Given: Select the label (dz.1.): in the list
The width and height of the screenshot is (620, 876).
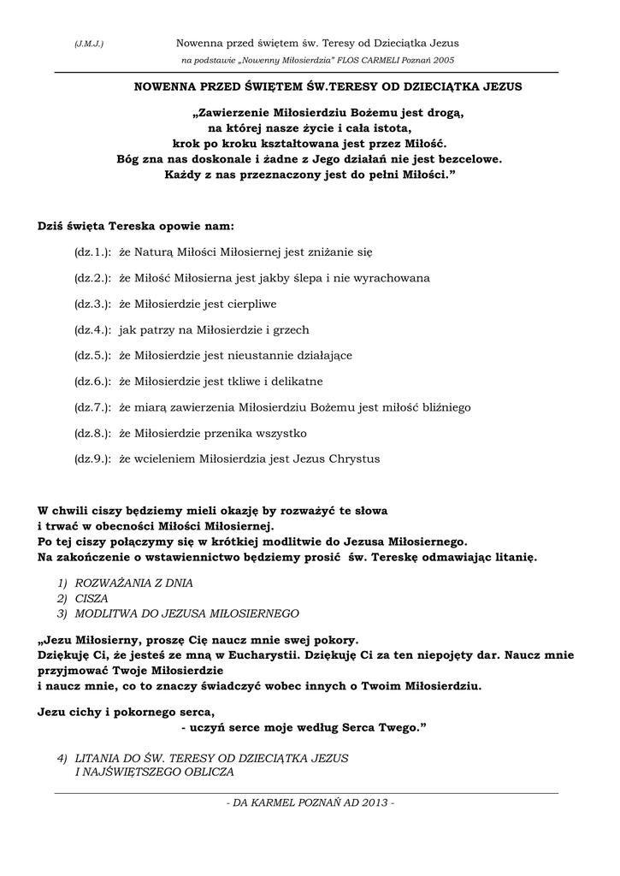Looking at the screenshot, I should pos(93,252).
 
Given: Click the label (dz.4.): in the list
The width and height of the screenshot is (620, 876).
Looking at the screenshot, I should pos(93,329).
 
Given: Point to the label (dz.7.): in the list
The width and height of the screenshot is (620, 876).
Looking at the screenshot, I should pos(93,407).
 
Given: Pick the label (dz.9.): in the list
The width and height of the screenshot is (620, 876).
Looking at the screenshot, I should pos(93,459).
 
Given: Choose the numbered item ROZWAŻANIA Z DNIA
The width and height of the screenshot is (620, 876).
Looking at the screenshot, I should pos(134,583).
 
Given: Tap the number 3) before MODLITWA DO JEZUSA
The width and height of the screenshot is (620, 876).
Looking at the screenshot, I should pos(62,613).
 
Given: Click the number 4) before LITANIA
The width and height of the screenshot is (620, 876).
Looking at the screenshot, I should pos(62,758).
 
